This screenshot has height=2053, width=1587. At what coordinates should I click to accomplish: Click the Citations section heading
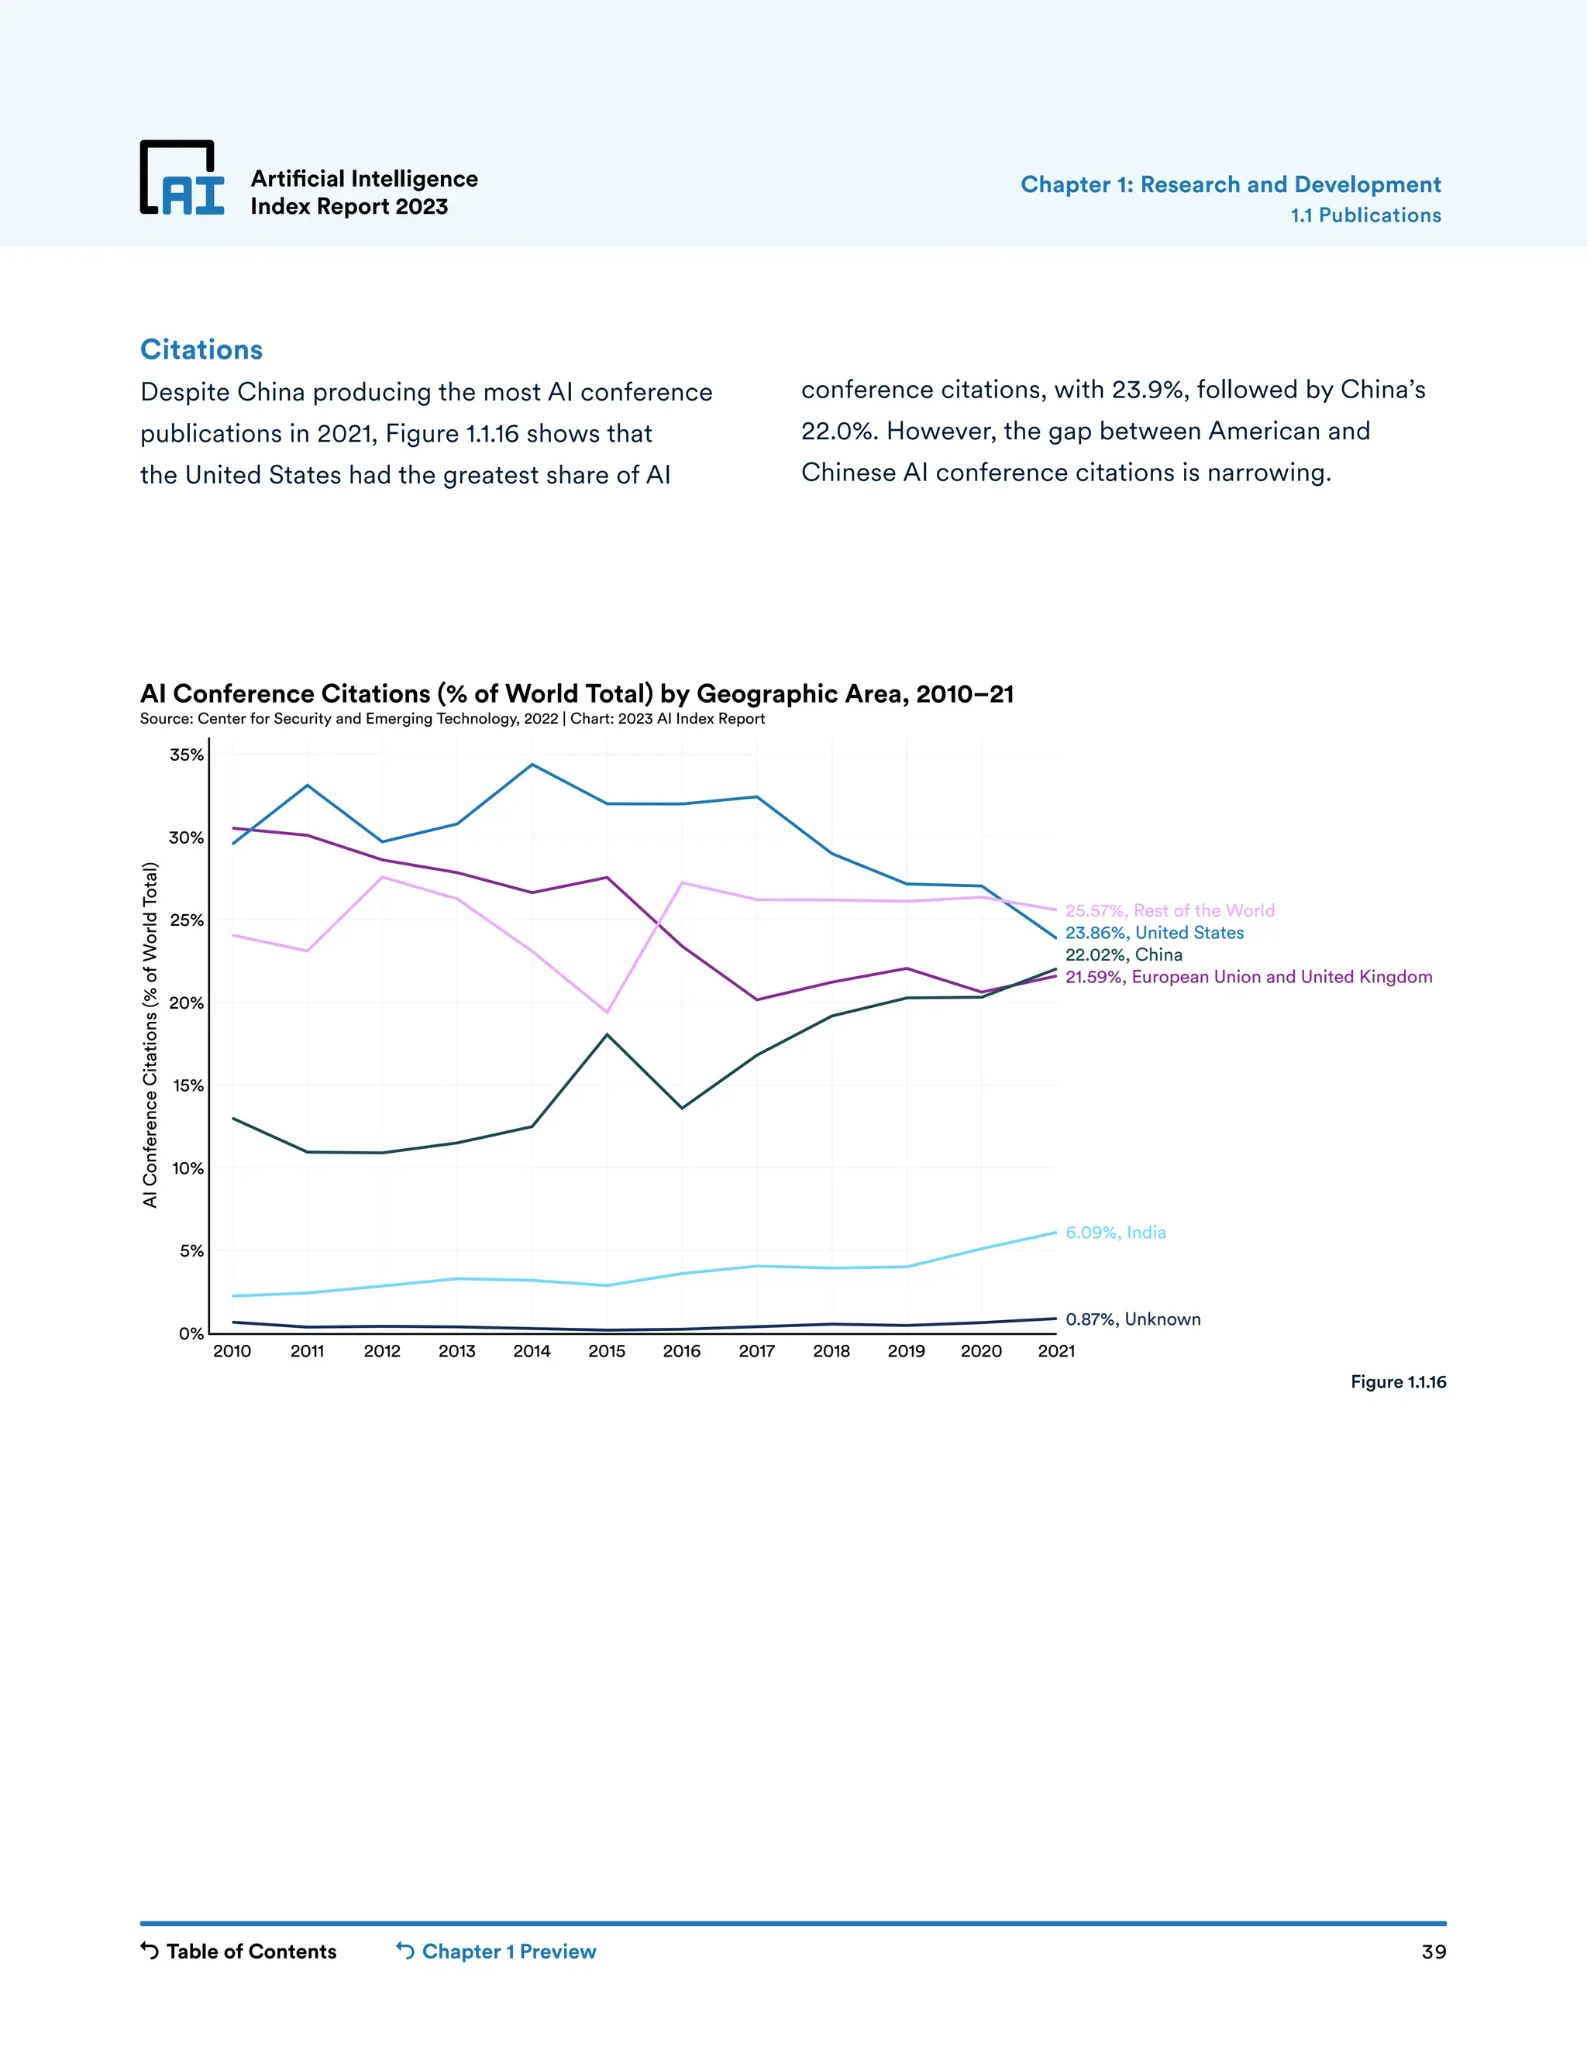tap(201, 349)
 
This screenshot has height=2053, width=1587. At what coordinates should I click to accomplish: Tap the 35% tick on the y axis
tap(186, 755)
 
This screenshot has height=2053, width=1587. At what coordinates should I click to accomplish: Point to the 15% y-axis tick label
tap(187, 1085)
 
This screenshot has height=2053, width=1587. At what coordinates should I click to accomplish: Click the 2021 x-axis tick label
tap(1056, 1351)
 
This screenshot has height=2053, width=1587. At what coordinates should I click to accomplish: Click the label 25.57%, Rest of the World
tap(1169, 910)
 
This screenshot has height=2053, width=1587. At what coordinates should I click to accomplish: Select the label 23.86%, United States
tap(1154, 933)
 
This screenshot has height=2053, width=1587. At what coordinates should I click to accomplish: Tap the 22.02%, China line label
tap(1124, 954)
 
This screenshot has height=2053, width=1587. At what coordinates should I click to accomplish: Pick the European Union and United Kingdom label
tap(1248, 977)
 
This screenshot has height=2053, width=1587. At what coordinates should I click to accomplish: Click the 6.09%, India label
tap(1115, 1233)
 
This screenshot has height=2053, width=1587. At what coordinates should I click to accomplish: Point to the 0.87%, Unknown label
tap(1133, 1319)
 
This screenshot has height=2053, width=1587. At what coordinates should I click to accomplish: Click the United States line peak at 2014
tap(532, 764)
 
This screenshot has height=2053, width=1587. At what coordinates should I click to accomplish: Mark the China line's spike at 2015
tap(608, 1034)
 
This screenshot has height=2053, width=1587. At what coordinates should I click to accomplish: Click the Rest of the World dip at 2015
tap(608, 1013)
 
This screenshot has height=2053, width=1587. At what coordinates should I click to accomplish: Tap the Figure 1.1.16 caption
tap(1398, 1382)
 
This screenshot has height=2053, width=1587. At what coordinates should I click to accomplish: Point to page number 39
tap(1433, 1952)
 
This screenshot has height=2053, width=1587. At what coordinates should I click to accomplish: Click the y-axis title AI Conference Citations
tap(150, 1034)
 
